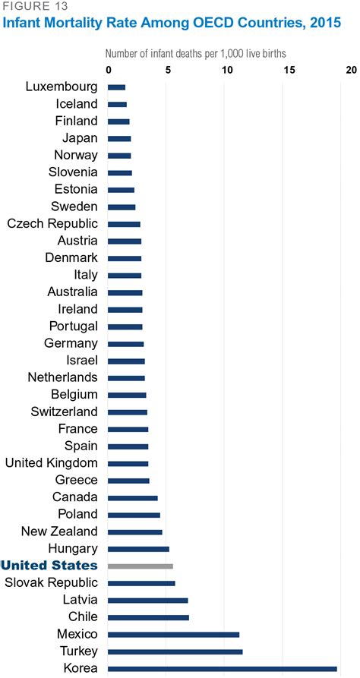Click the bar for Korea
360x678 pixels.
[223, 668]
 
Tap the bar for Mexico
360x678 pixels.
[173, 634]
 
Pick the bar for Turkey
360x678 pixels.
[175, 651]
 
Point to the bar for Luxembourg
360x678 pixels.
[117, 87]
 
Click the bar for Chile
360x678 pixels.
[148, 617]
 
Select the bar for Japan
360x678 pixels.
[119, 138]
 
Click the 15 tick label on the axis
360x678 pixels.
[289, 70]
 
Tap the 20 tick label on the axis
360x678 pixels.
[350, 70]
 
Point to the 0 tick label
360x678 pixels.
[109, 70]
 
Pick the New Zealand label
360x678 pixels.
[59, 531]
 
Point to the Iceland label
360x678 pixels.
[76, 104]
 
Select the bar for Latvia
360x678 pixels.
[147, 600]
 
